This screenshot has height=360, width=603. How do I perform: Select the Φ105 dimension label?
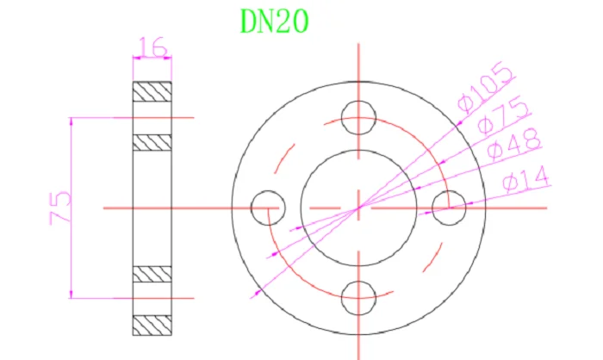tap(488, 89)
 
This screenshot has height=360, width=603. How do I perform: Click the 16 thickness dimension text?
tap(152, 47)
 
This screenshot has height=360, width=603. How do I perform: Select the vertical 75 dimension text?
tap(60, 208)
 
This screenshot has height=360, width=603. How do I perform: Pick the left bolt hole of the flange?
tap(268, 208)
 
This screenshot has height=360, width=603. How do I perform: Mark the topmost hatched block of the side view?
tap(152, 90)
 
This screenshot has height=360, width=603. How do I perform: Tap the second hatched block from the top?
tap(152, 142)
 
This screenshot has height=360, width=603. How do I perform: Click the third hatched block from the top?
tap(152, 274)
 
